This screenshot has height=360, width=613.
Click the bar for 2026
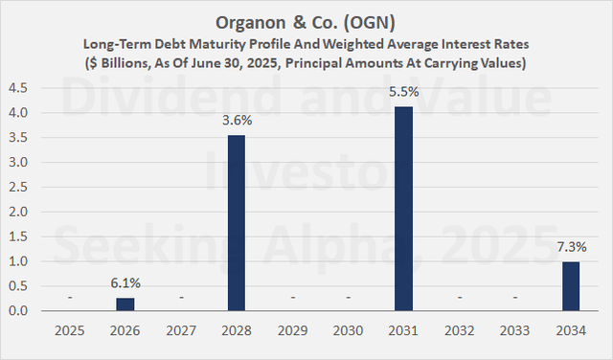(126, 304)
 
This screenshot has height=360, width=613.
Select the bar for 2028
(238, 223)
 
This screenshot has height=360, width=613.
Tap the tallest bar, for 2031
(404, 209)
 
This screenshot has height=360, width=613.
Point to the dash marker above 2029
(293, 298)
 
